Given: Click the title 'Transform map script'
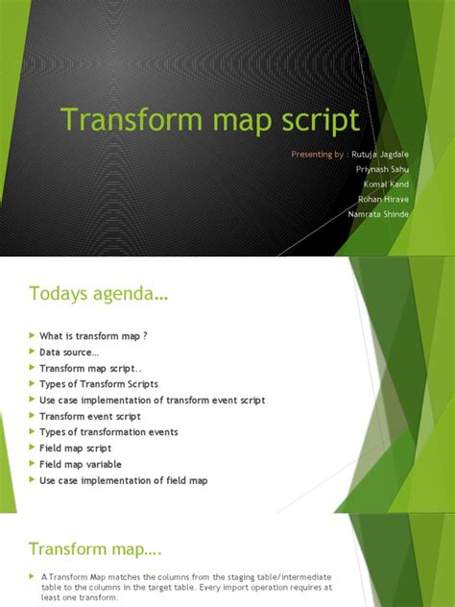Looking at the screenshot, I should (210, 121).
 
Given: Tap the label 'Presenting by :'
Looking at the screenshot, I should (320, 154).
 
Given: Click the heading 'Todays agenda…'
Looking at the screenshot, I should (99, 294).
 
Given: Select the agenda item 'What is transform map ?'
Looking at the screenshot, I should (93, 335).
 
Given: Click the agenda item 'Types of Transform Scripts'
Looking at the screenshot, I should (99, 383).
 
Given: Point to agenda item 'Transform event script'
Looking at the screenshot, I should (90, 416).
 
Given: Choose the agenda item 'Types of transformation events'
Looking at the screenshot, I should (108, 432).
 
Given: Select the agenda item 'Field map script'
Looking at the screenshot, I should (76, 449).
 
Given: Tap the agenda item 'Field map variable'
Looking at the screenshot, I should (81, 464).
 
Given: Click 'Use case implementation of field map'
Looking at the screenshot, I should (123, 480).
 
